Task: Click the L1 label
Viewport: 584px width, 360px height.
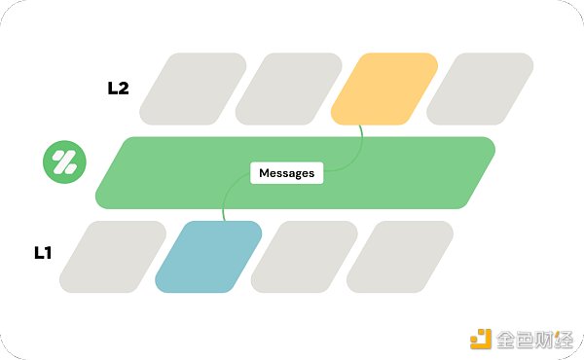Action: pos(43,252)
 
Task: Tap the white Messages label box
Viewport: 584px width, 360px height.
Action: pos(286,173)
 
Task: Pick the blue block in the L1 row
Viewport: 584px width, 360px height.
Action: pos(208,257)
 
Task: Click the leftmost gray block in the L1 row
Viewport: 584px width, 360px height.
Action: pos(113,257)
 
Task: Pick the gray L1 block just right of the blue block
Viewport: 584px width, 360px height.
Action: pos(304,257)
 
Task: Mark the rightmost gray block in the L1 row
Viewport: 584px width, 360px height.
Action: pos(399,257)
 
